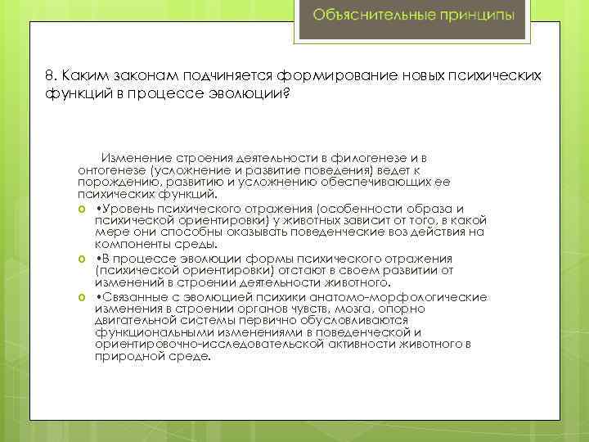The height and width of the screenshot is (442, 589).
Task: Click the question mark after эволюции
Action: [286, 92]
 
